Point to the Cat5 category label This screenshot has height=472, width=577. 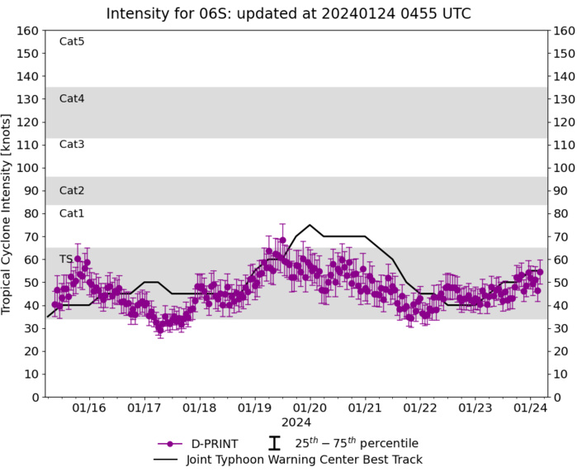(x=72, y=41)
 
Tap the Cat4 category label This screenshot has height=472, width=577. (x=72, y=98)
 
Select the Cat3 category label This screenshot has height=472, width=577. (x=72, y=145)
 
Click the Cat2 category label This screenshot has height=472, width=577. (x=72, y=190)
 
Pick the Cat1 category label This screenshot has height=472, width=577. (x=72, y=213)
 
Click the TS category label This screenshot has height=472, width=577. (x=66, y=260)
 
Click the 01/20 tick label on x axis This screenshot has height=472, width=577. (x=310, y=408)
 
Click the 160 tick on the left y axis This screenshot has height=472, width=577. (x=30, y=31)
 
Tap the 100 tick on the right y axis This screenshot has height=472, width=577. (x=564, y=168)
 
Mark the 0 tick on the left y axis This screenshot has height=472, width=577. (x=35, y=397)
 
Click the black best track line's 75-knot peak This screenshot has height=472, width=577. (x=310, y=225)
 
